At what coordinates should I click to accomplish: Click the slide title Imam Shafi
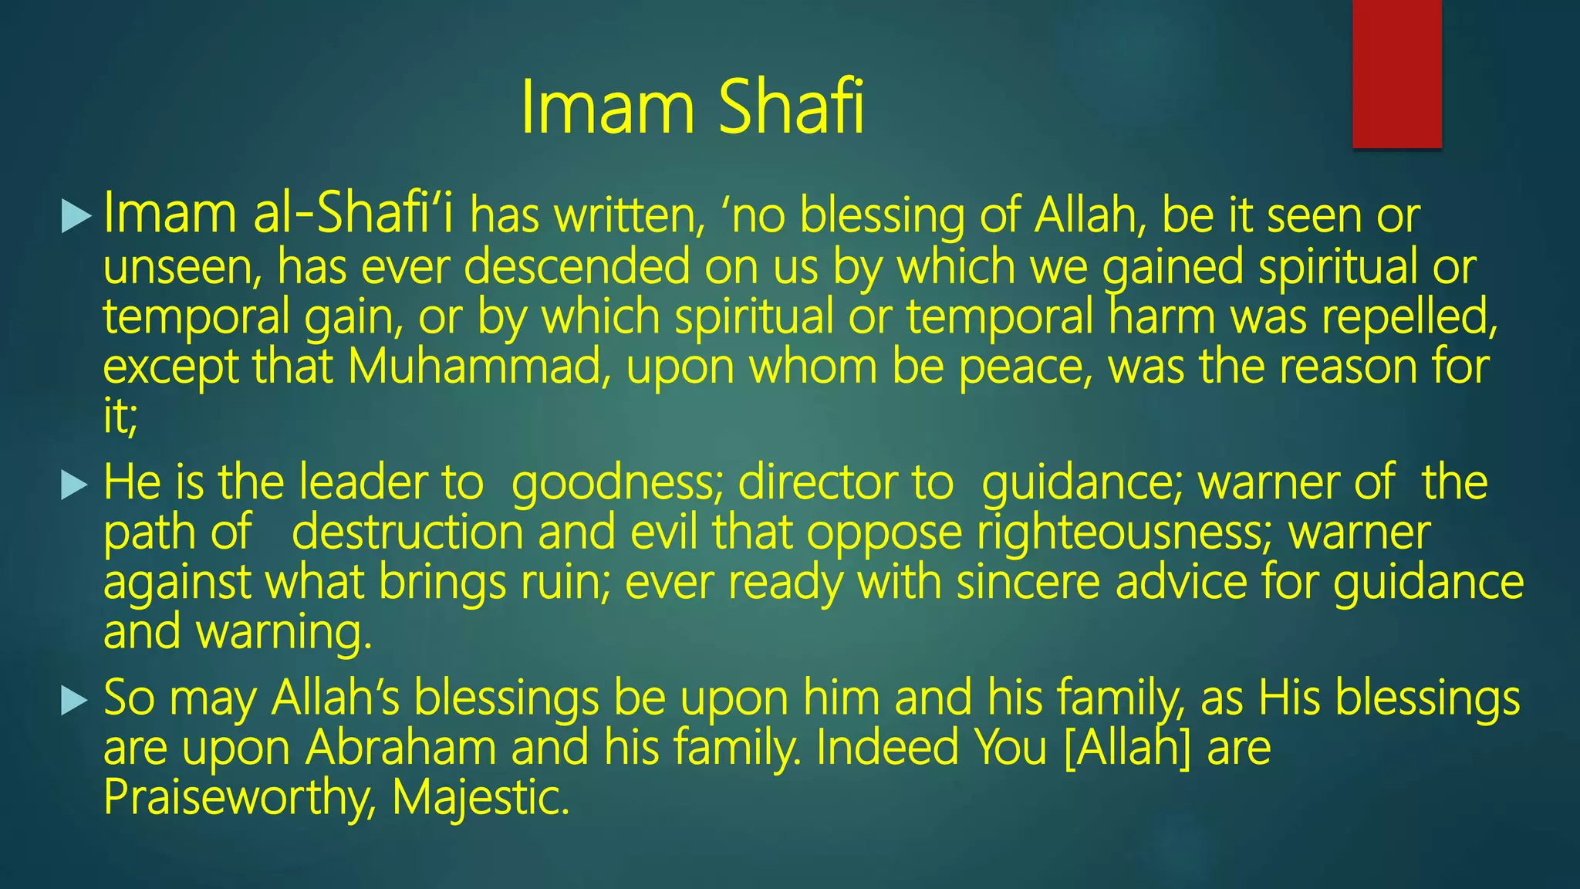(692, 107)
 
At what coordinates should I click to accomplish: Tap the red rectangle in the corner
(1396, 73)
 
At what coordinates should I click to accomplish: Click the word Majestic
(480, 797)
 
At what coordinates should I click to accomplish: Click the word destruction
(408, 532)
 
